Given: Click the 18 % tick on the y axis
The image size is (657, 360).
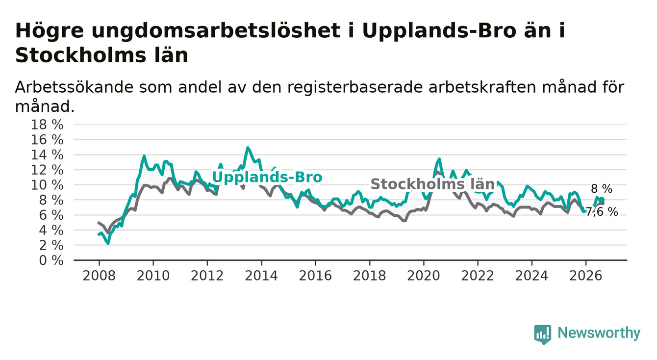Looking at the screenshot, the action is [x=47, y=125].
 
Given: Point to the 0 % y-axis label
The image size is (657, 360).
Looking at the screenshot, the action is [x=51, y=260].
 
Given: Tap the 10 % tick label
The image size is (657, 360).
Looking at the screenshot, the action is [x=47, y=185].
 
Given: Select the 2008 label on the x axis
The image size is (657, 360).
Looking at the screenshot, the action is [x=99, y=276].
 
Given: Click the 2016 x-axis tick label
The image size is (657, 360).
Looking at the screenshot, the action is [x=315, y=276].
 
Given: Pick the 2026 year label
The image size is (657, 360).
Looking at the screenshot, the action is [x=586, y=276].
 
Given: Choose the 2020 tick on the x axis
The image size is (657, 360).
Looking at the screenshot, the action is [x=424, y=276].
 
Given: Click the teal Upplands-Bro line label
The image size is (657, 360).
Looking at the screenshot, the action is [x=267, y=177].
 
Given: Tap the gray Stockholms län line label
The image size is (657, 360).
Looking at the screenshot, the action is [x=432, y=184].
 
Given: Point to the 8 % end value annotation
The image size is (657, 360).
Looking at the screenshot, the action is [x=602, y=189].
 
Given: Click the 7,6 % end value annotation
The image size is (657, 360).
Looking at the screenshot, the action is [x=602, y=212].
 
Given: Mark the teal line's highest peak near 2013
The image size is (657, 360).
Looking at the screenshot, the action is [x=248, y=148].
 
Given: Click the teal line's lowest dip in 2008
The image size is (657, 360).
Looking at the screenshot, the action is [x=108, y=243].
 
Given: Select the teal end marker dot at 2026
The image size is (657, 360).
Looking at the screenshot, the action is [x=602, y=200].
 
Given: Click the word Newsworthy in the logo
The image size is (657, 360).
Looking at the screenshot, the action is [x=599, y=333].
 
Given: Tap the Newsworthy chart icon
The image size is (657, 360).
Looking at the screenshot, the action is [x=543, y=334].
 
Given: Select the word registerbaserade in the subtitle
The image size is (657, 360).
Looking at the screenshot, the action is [x=355, y=88].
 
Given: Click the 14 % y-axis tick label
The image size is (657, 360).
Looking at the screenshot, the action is [x=47, y=155].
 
